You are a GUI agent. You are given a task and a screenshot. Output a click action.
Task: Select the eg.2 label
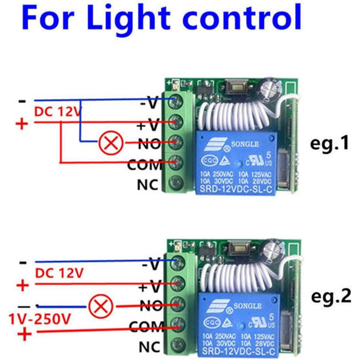click(x=331, y=297)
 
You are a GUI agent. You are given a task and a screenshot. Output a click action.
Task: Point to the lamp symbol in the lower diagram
click(x=101, y=307)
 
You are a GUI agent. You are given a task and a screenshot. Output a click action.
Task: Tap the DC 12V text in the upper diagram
click(x=58, y=112)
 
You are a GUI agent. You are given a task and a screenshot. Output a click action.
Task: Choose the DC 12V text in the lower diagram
click(x=59, y=273)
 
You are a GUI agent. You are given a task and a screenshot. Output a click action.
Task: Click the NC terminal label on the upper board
click(x=148, y=185)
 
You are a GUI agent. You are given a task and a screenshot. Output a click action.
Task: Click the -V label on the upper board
click(x=149, y=103)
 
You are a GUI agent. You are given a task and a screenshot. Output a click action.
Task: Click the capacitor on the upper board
click(x=267, y=88)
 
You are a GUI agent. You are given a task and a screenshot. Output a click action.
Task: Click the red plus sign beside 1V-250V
click(x=24, y=334)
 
